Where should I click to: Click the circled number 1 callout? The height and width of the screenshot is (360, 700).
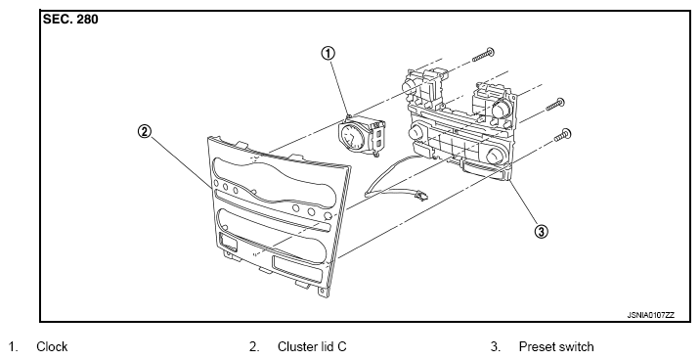[328, 54]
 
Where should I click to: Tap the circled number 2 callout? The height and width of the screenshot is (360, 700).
[144, 132]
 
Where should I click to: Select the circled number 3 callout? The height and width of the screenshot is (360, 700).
[541, 232]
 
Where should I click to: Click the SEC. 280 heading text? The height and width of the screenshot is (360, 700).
[70, 20]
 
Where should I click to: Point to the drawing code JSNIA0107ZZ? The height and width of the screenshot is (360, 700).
[651, 315]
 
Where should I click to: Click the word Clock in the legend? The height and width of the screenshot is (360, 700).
[52, 346]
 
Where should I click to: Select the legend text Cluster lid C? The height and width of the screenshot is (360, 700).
[312, 346]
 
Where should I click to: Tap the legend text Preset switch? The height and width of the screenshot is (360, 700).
[556, 346]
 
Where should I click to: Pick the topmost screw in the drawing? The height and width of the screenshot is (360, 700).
[483, 55]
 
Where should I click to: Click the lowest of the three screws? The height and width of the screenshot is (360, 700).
[562, 135]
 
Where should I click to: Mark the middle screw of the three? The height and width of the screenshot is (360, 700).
[555, 105]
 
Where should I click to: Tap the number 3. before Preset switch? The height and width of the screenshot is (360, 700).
[496, 346]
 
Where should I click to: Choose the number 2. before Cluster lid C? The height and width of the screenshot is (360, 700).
[254, 346]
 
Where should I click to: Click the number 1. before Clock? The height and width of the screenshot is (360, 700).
[13, 346]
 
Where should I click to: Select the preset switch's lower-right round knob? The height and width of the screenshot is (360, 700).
[496, 156]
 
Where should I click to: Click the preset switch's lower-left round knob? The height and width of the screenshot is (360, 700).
[416, 133]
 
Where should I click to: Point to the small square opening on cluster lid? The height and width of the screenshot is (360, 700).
[229, 243]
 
